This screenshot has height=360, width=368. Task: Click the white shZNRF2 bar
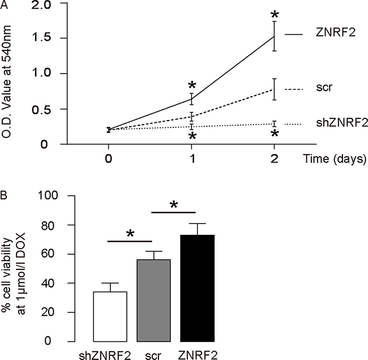pos(110,316)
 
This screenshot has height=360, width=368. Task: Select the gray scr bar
pos(154,301)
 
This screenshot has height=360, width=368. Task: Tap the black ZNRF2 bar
pos(197,288)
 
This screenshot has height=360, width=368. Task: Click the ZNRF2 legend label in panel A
pos(336,32)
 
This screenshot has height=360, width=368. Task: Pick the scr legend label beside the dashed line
pos(324,88)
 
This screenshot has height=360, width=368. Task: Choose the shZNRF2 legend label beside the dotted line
pos(342,122)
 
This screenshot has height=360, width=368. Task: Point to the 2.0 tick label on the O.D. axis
pos(41,5)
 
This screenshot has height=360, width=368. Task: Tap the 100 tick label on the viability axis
pos(48,195)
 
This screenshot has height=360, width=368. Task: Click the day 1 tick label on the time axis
pos(192,158)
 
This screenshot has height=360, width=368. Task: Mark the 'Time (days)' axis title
pos(335,159)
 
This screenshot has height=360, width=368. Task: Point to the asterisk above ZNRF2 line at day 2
pos(275,15)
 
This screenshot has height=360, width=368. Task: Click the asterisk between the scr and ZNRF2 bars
pos(174,205)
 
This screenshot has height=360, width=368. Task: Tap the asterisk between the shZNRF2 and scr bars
pos(130,234)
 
